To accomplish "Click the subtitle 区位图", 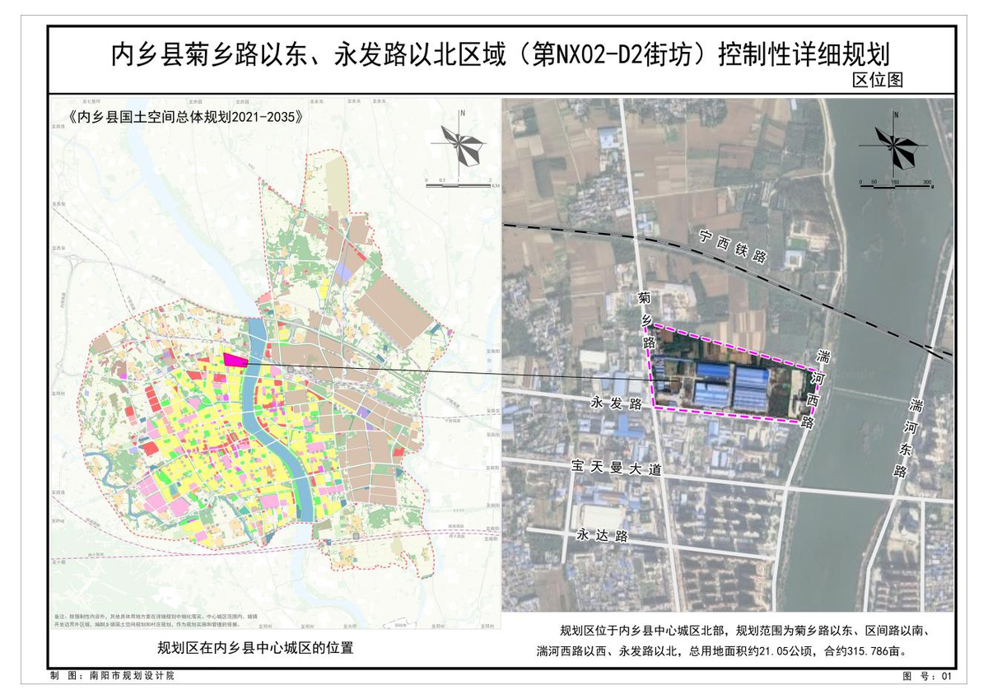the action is point(878,81).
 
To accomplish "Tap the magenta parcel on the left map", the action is point(235,360).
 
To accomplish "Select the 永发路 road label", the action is point(616,403).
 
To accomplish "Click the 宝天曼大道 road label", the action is point(617,468).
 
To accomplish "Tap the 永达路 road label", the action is point(602,535).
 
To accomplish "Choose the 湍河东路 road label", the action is point(907,437).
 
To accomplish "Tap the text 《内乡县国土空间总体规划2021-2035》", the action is point(185,116).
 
